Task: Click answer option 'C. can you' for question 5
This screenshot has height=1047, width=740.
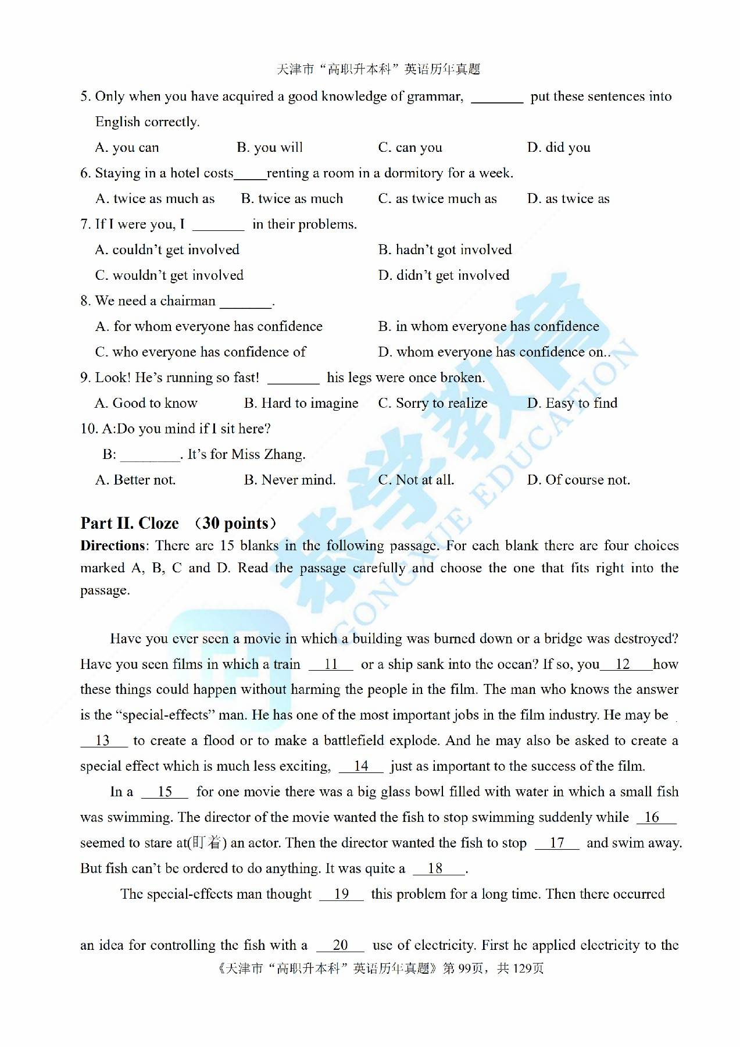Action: [410, 148]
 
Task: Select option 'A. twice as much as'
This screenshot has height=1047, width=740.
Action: [155, 199]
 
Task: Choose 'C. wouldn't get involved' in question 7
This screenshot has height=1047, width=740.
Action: [169, 276]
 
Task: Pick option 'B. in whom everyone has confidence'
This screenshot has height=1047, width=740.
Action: [488, 327]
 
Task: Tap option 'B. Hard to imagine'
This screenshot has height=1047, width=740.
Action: [301, 404]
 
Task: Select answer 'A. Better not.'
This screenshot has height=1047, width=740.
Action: [135, 480]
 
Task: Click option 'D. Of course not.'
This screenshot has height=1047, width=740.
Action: [578, 480]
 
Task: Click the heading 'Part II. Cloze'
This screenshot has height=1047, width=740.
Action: [130, 523]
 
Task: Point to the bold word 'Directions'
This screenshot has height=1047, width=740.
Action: [113, 546]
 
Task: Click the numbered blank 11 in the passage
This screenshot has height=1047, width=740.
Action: [331, 664]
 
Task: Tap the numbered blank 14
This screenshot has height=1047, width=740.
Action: [361, 766]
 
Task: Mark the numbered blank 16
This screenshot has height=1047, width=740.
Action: [652, 817]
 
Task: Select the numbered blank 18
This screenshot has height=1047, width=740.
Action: [436, 868]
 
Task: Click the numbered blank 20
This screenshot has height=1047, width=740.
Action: [341, 945]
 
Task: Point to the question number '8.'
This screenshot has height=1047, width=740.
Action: [85, 301]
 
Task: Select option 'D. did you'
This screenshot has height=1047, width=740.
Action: [559, 148]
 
